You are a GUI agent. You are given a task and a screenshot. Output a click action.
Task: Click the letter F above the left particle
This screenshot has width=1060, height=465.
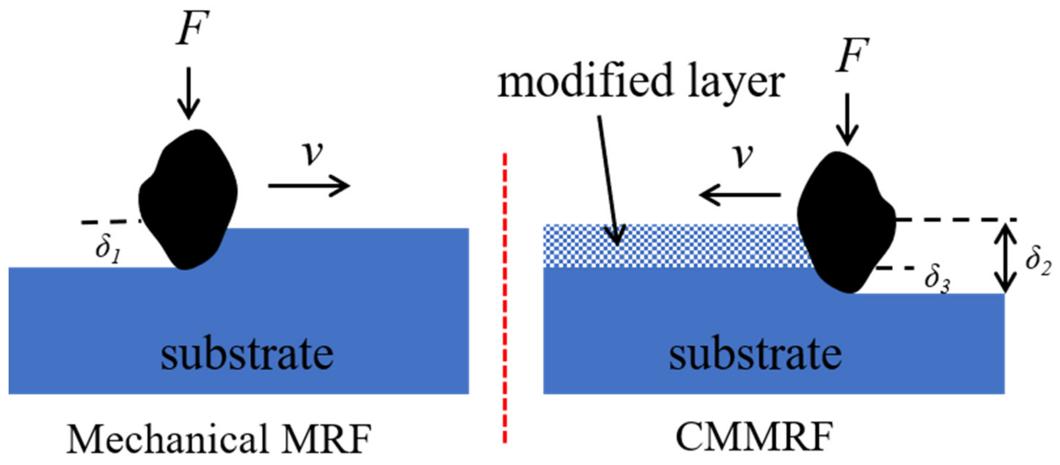(192, 28)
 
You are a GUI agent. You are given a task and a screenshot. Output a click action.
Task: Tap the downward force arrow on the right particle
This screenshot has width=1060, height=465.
(846, 119)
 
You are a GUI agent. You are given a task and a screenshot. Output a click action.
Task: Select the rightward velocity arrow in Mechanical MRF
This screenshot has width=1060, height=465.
(308, 186)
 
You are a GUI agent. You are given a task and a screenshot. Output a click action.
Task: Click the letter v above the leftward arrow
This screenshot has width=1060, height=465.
(743, 157)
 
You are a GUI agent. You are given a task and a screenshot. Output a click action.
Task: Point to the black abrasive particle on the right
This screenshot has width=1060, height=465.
(846, 222)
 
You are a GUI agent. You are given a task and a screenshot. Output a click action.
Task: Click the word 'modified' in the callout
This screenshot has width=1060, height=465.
(584, 81)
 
